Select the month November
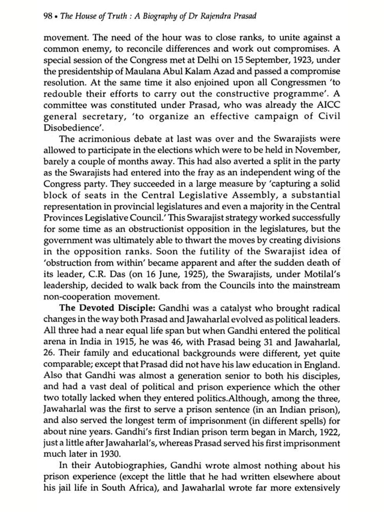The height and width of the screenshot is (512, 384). pos(317,150)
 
